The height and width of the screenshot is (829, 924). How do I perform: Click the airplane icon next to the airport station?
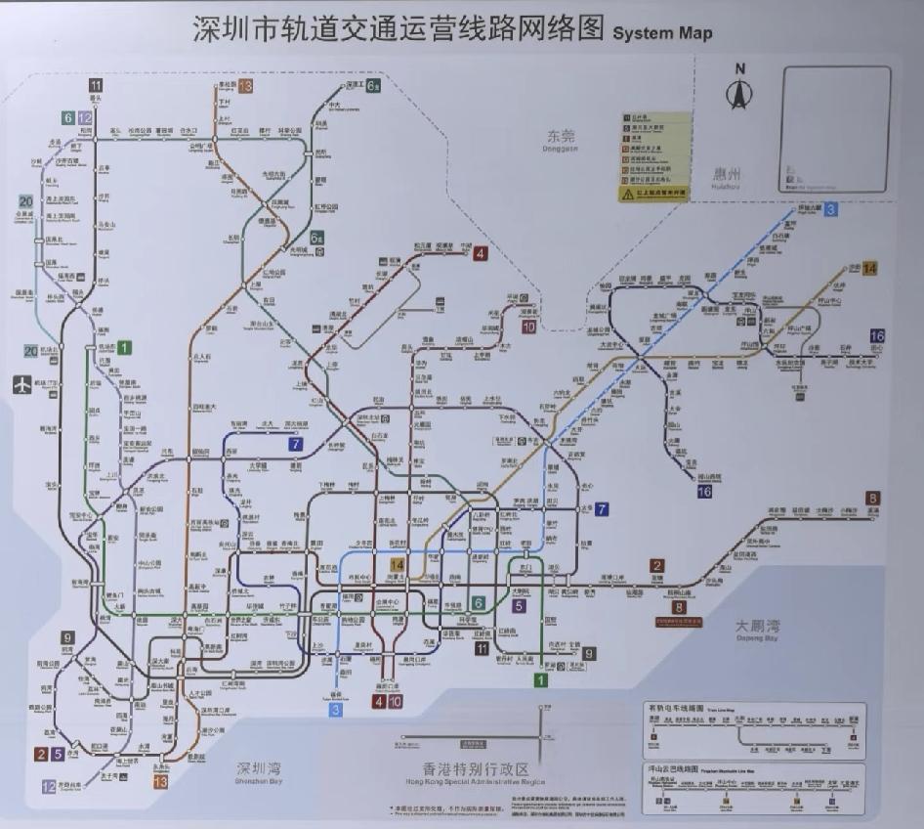[22, 384]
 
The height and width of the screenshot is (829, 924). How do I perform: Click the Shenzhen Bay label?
[258, 771]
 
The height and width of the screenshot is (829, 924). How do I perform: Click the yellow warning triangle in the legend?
[627, 195]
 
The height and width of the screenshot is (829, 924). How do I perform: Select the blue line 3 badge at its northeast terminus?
[830, 208]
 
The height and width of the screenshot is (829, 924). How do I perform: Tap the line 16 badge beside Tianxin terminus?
[877, 335]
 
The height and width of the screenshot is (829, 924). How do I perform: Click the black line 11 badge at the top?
[96, 85]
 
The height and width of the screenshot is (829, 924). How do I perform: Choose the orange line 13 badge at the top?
[245, 86]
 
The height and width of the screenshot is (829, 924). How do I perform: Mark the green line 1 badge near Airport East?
[124, 347]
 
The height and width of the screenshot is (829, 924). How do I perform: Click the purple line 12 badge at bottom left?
[48, 786]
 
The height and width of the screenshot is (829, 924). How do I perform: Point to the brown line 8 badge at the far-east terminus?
[872, 498]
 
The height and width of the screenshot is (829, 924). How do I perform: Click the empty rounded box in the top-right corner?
[835, 129]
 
